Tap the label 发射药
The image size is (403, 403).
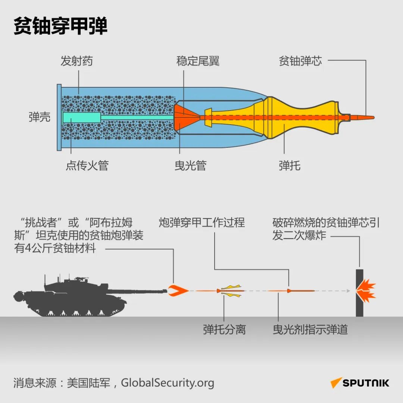[x=76, y=61]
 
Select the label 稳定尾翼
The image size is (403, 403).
[x=198, y=61]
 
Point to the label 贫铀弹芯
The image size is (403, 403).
[x=300, y=61]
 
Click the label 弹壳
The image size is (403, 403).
[x=39, y=117]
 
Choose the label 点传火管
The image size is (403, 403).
[x=87, y=165]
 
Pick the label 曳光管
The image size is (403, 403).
[x=190, y=165]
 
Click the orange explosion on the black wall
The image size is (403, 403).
[x=366, y=290]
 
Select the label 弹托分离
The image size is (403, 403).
[x=224, y=329]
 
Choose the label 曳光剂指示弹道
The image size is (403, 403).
[x=310, y=329]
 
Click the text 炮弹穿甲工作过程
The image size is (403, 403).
[x=201, y=222]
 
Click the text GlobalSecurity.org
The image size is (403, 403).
[x=168, y=383]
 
